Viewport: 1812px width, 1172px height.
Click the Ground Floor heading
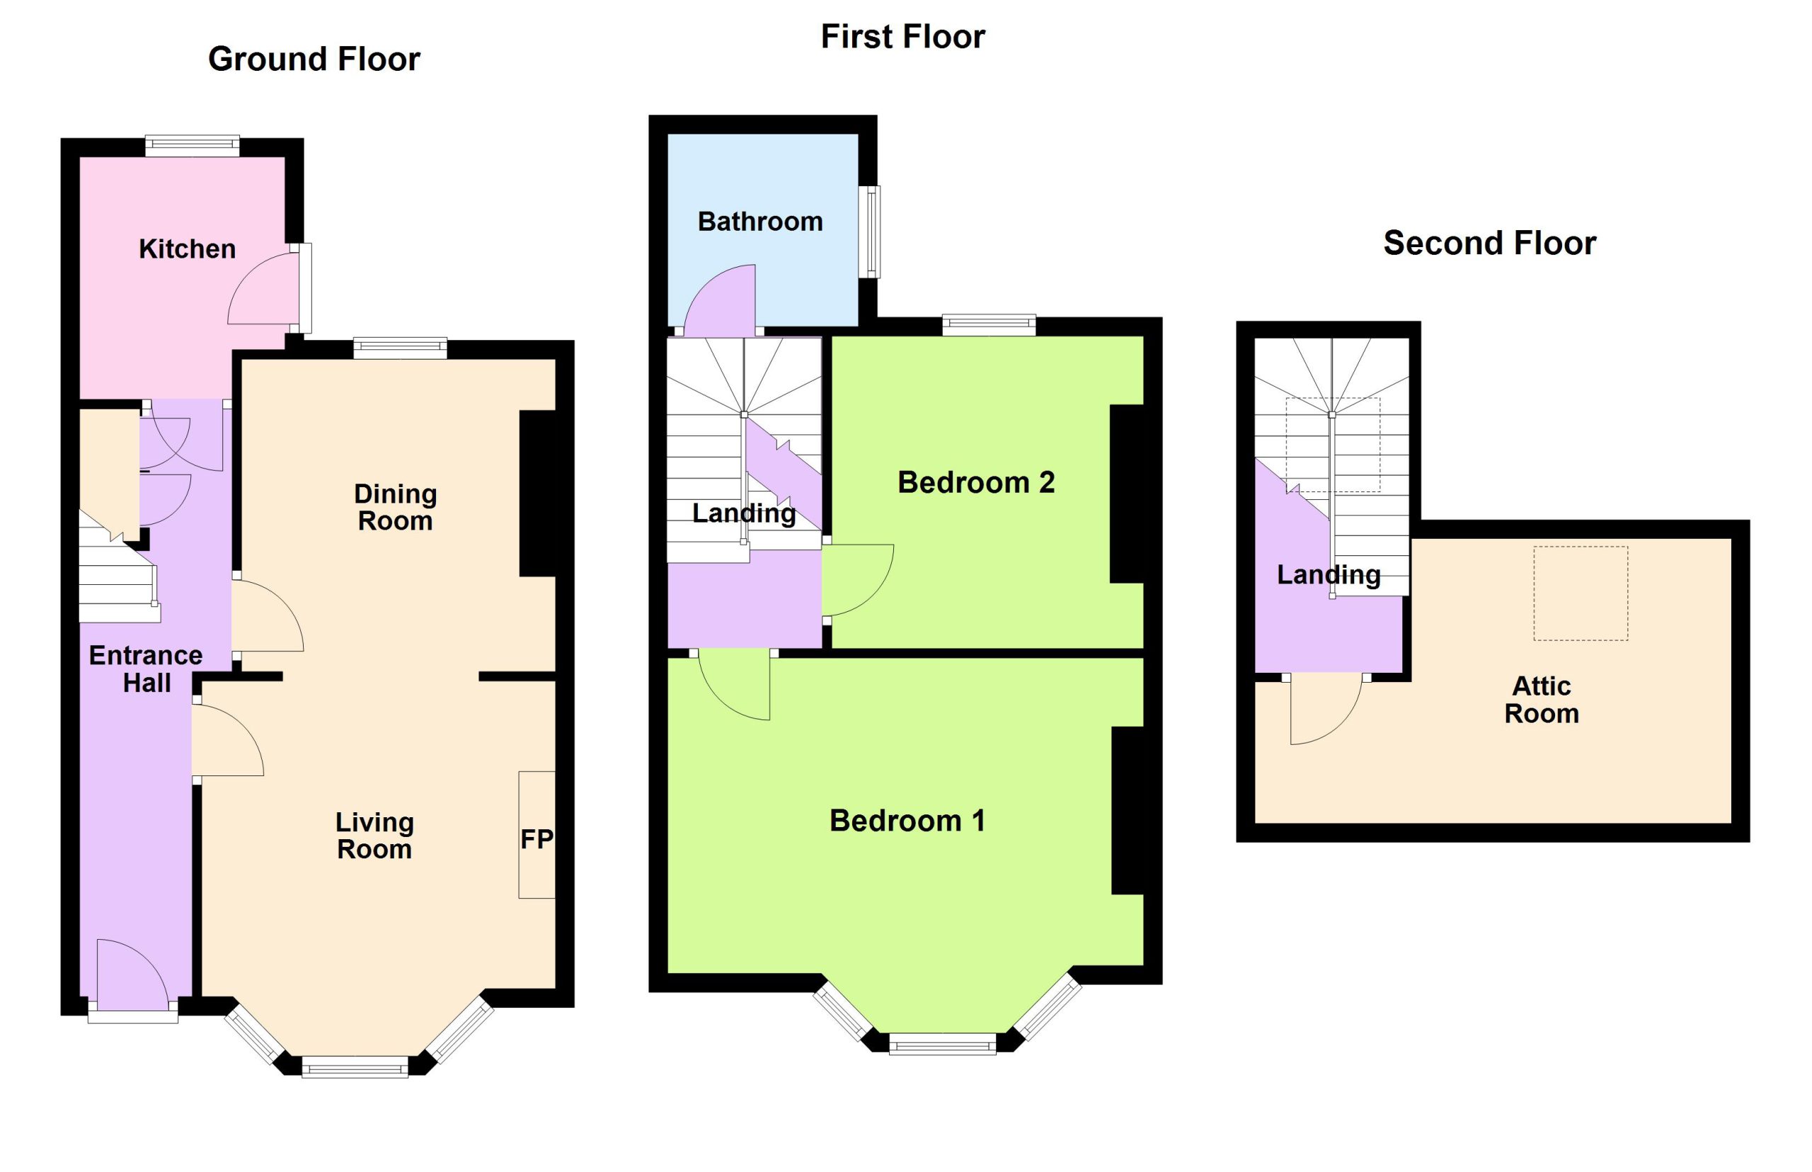point(314,59)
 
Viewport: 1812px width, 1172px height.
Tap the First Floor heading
point(903,37)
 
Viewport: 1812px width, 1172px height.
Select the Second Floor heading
point(1489,244)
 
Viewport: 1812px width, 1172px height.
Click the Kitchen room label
point(187,249)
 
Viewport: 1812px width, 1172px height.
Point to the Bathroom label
point(760,222)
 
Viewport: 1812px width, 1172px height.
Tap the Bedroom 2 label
point(976,482)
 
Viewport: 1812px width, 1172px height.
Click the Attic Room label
point(1541,700)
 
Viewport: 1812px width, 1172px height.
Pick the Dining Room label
point(395,508)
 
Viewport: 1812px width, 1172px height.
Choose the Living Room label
point(374,836)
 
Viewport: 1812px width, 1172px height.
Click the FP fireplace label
point(537,839)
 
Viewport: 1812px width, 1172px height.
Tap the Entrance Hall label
point(146,669)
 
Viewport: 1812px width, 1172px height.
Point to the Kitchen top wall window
point(193,146)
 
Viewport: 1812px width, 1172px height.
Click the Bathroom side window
point(869,232)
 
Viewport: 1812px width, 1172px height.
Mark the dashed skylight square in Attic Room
point(1580,593)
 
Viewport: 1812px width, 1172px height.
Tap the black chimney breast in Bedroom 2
point(1127,494)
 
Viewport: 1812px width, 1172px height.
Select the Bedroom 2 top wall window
point(989,326)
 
